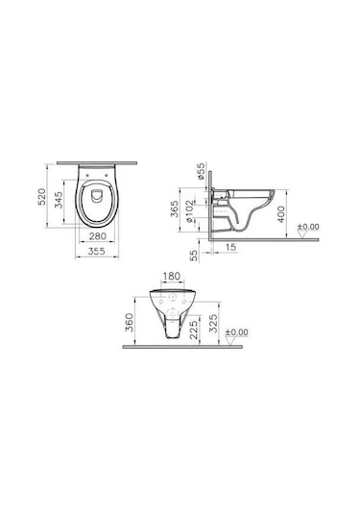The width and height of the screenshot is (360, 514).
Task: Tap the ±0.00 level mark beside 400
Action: click(309, 228)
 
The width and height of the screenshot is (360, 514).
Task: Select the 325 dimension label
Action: click(224, 322)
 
